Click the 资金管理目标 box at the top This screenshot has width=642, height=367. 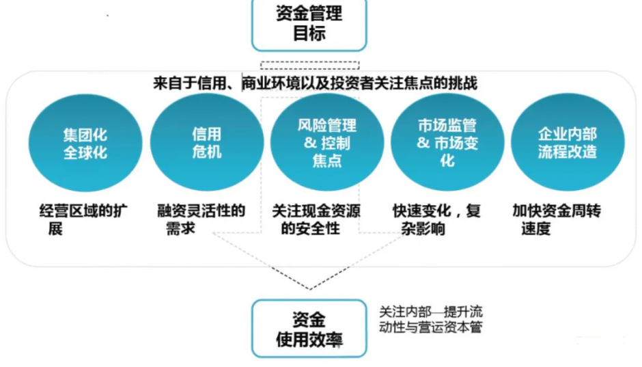309,23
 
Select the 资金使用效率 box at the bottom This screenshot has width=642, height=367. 309,328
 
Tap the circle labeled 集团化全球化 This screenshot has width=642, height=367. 85,144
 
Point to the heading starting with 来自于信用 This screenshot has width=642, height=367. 315,83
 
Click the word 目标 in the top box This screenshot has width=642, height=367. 309,33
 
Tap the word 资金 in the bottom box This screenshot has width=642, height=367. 309,318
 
